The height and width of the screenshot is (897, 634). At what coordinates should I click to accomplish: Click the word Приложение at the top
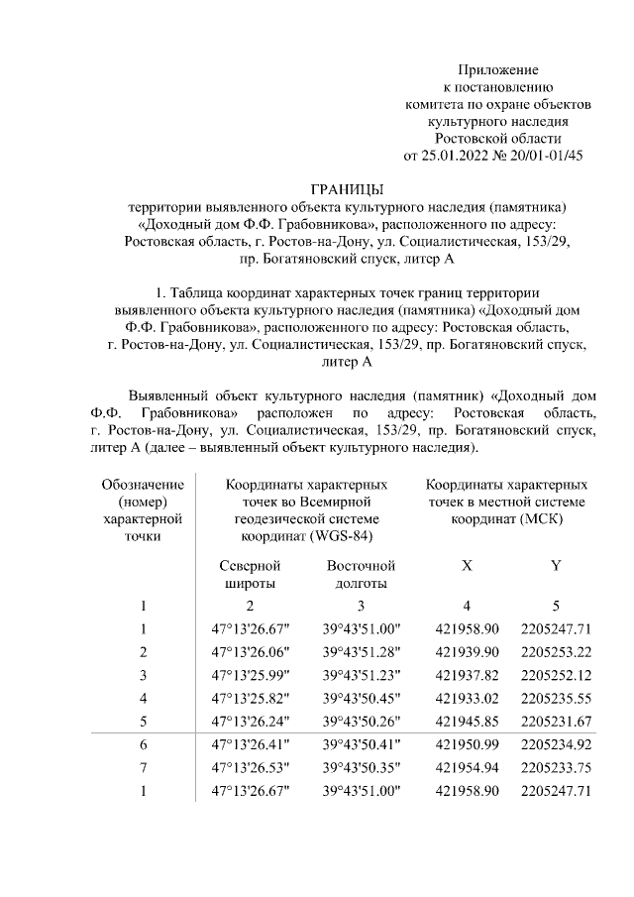tap(497, 69)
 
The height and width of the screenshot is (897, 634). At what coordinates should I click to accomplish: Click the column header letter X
tap(467, 566)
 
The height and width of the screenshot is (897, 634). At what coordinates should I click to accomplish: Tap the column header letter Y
tap(556, 566)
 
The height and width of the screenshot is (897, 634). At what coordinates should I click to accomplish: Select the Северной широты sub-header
tap(250, 575)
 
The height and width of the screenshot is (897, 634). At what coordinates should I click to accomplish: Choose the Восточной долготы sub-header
tap(361, 575)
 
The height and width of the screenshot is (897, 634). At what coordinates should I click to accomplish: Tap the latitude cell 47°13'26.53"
tap(251, 767)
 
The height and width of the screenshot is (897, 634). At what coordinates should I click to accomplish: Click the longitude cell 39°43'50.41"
tap(361, 744)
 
